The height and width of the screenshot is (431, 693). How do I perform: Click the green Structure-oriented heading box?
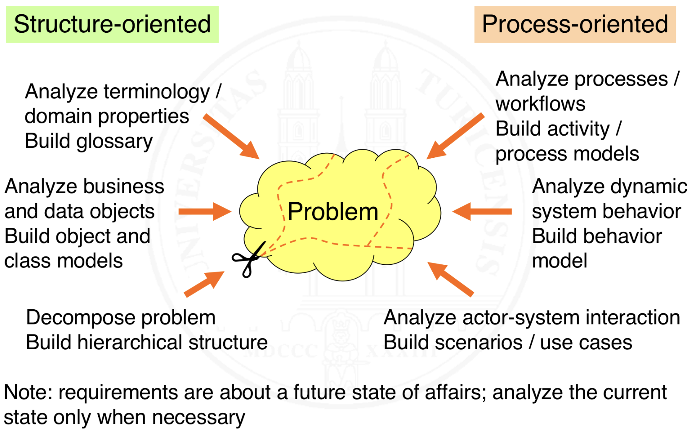(112, 24)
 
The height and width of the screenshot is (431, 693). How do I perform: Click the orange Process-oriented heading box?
(575, 24)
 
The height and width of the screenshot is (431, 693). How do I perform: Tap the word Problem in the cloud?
(333, 212)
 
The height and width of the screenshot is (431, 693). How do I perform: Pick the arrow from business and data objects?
(204, 212)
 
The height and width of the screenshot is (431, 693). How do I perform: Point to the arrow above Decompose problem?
(204, 284)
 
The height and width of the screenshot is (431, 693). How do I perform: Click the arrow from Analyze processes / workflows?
(455, 136)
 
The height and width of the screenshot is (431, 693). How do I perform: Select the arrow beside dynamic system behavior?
(482, 212)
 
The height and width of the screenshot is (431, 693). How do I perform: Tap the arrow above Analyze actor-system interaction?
(450, 279)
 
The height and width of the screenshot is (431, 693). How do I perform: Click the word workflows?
(540, 104)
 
